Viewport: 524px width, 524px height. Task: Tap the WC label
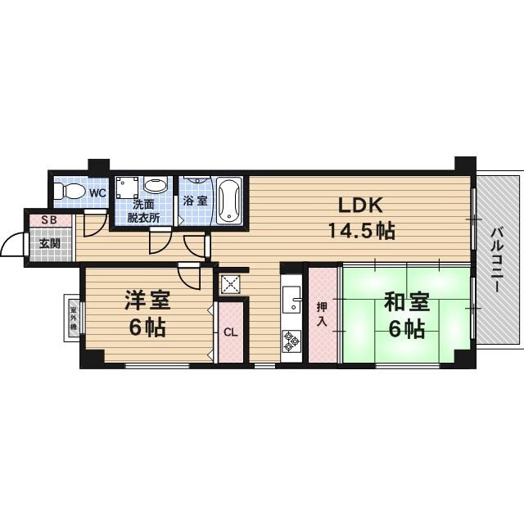pos(98,193)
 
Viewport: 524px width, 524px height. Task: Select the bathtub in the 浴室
pos(229,200)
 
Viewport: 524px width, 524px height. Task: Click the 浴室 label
pos(196,201)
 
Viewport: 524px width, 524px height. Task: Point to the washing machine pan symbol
pos(127,187)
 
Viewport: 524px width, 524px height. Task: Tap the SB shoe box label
pos(49,220)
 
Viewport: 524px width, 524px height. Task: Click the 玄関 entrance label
pos(50,244)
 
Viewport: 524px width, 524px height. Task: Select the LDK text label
pos(360,205)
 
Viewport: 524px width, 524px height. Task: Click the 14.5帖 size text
pos(362,231)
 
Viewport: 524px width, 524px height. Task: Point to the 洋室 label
pos(147,300)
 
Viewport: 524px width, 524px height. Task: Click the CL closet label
pos(231,332)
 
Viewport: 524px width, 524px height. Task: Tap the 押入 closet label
pos(322,314)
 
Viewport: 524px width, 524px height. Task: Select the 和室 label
pos(407,302)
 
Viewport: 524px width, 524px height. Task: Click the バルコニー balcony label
pos(497,260)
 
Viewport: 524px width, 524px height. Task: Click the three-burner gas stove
pos(291,341)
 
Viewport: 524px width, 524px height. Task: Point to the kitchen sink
pos(291,299)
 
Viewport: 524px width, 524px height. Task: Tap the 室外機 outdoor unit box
pos(73,318)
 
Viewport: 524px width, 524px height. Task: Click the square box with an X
pos(230,284)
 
